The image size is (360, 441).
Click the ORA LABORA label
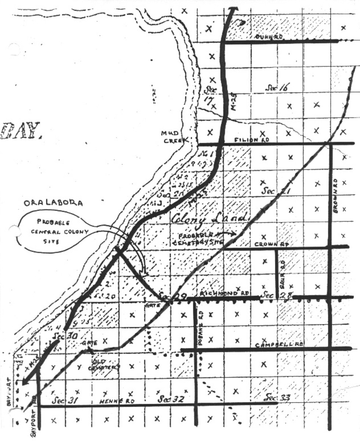(x=53, y=203)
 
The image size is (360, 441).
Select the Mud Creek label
(x=174, y=136)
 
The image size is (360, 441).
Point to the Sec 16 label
(x=277, y=87)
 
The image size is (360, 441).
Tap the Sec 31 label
(x=64, y=400)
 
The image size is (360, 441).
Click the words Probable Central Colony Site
(x=57, y=232)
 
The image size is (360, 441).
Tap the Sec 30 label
(x=64, y=336)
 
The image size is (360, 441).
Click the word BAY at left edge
(x=20, y=131)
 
